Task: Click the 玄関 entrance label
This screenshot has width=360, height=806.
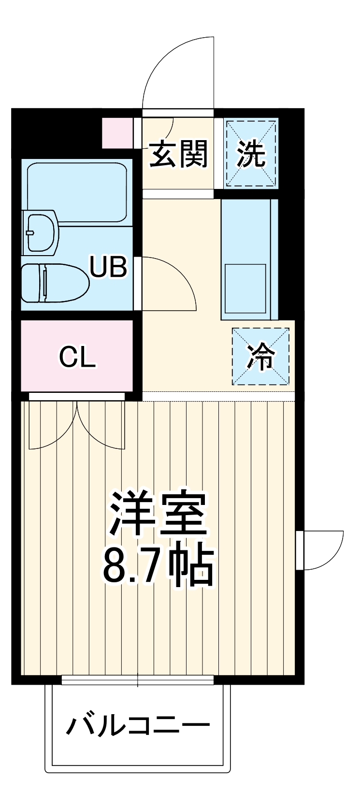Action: [x=178, y=155]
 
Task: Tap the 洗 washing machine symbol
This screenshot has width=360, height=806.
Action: [x=251, y=154]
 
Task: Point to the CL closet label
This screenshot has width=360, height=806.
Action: [x=77, y=357]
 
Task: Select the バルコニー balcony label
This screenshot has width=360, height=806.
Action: [x=138, y=725]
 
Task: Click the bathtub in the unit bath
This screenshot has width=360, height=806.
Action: [x=77, y=192]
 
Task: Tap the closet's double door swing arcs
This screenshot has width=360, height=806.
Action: [x=77, y=425]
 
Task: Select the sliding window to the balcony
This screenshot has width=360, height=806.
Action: [x=138, y=681]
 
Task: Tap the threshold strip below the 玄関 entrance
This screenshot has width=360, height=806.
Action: [x=178, y=194]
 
